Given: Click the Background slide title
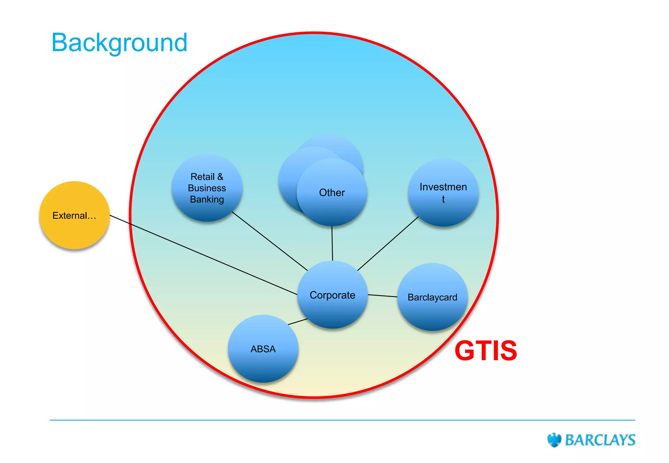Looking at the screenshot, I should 119,42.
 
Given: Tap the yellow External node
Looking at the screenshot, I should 74,215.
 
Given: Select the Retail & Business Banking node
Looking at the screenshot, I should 207,188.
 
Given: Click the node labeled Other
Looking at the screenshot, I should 332,193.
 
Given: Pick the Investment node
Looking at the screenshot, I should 443,193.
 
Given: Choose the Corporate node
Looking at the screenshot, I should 332,295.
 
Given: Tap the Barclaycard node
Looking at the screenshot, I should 432,297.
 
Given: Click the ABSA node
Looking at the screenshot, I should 263,349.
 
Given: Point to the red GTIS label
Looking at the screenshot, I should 486,351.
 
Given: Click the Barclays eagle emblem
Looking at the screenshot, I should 554,440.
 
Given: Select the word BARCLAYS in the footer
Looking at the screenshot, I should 600,440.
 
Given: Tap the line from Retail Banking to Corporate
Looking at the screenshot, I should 269,241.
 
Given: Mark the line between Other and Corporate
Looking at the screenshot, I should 332,243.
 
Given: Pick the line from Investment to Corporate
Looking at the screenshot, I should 388,244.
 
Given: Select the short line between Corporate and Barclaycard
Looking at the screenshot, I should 383,296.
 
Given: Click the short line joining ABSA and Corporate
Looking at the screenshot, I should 298,322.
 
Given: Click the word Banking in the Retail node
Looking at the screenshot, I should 207,199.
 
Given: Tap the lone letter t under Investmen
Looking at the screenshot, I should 443,199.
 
